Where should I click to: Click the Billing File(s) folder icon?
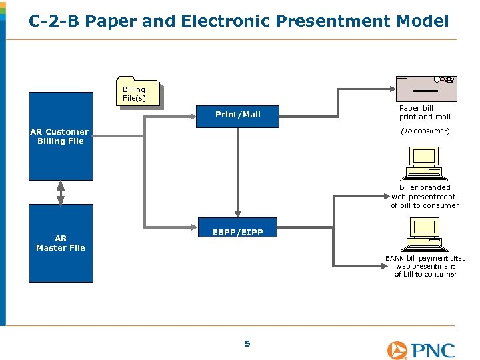click(x=139, y=92)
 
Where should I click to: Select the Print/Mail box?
click(x=238, y=115)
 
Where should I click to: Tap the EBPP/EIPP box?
click(x=238, y=233)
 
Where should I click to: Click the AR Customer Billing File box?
click(x=61, y=137)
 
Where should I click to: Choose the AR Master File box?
click(x=61, y=243)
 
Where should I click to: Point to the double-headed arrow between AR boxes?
click(x=61, y=192)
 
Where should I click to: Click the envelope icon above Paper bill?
click(x=426, y=89)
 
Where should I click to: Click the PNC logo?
click(x=421, y=350)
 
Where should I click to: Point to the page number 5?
click(x=247, y=344)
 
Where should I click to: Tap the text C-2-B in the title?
click(x=54, y=21)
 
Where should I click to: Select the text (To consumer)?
click(x=425, y=131)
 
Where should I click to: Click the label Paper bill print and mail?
click(x=425, y=113)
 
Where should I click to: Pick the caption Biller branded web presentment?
click(x=425, y=197)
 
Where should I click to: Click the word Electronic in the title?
click(x=227, y=21)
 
